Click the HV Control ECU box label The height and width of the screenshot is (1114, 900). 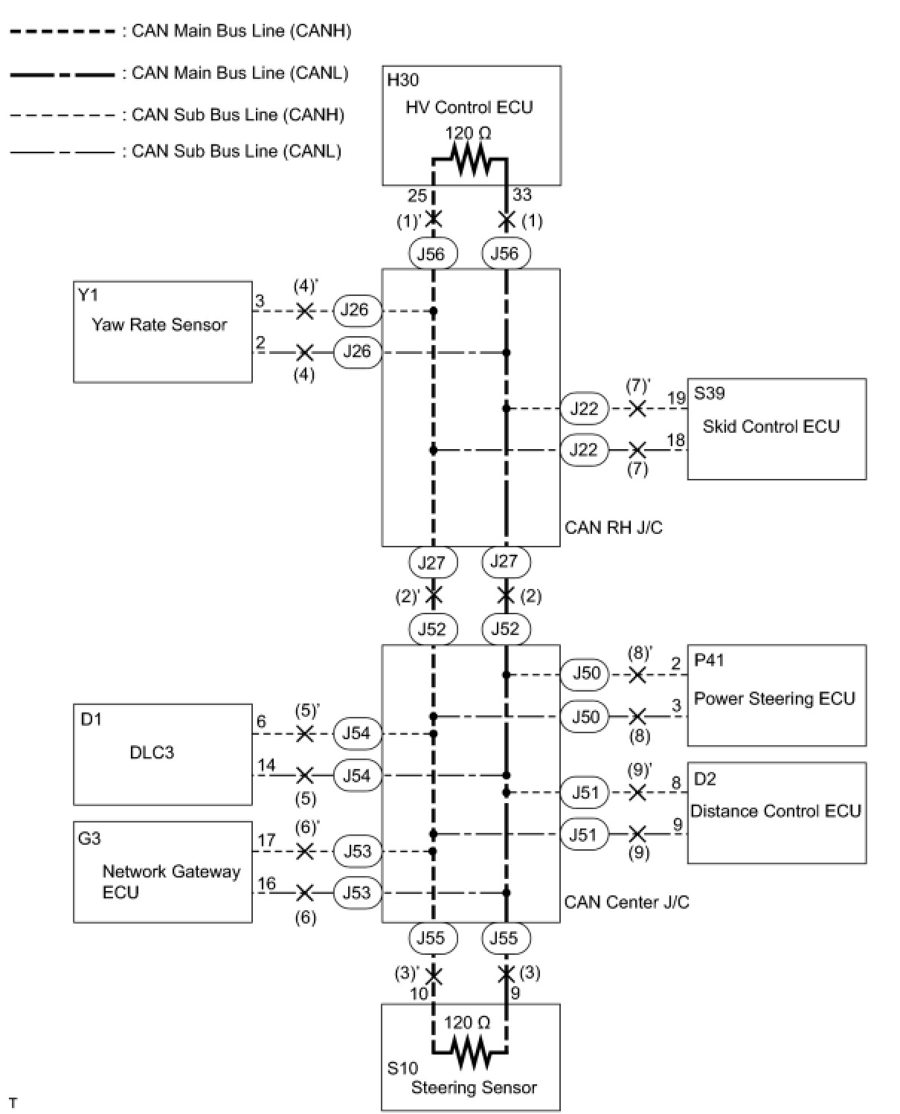coord(469,107)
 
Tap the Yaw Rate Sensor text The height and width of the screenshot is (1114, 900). coord(159,324)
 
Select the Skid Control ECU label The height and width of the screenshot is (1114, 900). coord(771,426)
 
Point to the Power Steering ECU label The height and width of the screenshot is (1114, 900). coord(774,698)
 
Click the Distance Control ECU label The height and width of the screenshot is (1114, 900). coord(776,811)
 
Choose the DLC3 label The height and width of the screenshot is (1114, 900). coord(152,752)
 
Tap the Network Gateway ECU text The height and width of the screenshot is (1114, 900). coord(171,881)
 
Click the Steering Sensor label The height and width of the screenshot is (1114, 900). coord(474,1087)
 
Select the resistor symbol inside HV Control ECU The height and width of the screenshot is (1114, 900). coord(469,159)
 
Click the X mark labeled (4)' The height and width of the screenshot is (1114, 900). coord(304,311)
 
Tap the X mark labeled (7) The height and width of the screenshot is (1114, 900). coord(637,450)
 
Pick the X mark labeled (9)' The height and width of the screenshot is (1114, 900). coord(637,793)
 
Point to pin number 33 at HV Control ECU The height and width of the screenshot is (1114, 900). coord(522,195)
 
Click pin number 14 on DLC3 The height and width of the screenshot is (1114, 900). coord(266,765)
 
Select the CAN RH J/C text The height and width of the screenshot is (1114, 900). coord(614,527)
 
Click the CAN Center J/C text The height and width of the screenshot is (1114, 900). coord(626,902)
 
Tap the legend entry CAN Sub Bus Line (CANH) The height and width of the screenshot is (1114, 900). coord(237,115)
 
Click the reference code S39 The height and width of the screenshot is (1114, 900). coord(709,393)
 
